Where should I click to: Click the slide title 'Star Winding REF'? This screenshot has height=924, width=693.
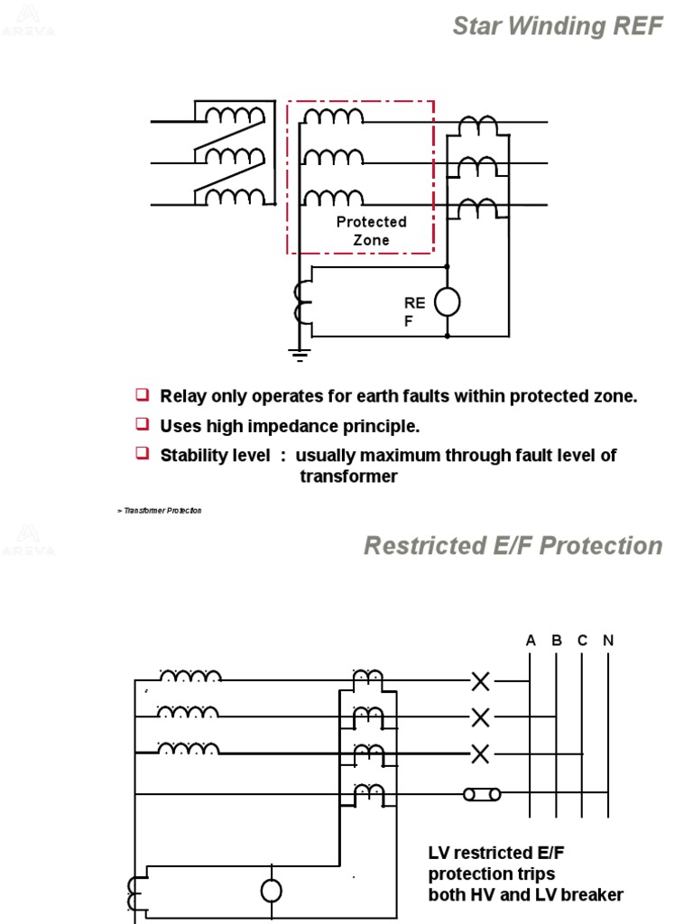click(x=557, y=27)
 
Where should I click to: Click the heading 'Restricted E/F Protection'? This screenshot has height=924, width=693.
click(x=513, y=546)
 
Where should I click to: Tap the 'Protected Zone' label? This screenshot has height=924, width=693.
click(x=372, y=231)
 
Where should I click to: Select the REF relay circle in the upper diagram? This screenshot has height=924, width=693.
click(x=448, y=301)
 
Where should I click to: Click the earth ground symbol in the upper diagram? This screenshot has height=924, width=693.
click(x=300, y=354)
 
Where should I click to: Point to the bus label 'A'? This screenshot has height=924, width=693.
click(x=531, y=641)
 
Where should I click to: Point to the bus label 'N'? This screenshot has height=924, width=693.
click(x=608, y=641)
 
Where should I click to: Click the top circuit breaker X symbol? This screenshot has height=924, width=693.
click(x=481, y=682)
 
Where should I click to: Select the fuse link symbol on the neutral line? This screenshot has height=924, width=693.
click(x=481, y=795)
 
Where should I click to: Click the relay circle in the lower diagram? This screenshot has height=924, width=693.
click(x=271, y=892)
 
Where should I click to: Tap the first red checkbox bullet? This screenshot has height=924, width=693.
click(x=142, y=394)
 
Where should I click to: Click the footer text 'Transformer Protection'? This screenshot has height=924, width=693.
click(x=162, y=511)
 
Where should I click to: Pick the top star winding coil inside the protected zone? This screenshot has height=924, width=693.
click(x=333, y=116)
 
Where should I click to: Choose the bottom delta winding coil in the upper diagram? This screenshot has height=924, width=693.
click(x=234, y=197)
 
